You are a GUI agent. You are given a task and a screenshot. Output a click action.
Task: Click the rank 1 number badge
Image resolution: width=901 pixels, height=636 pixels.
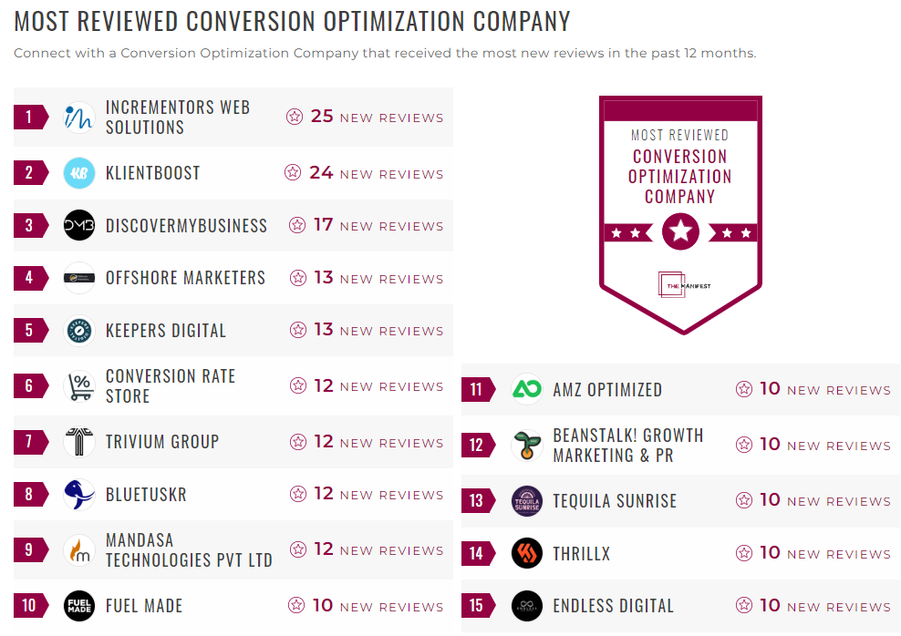pyautogui.click(x=29, y=117)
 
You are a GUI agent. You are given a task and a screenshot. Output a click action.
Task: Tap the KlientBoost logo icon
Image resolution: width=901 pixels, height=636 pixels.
pyautogui.click(x=79, y=173)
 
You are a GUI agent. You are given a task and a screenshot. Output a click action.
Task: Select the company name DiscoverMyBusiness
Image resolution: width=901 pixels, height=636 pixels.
pyautogui.click(x=186, y=226)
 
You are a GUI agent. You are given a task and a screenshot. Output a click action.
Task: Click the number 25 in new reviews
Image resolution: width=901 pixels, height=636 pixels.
pyautogui.click(x=322, y=117)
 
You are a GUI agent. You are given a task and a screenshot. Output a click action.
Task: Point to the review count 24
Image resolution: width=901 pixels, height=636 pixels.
pyautogui.click(x=321, y=173)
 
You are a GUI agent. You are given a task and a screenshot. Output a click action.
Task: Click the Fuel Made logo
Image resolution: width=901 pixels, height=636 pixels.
pyautogui.click(x=79, y=606)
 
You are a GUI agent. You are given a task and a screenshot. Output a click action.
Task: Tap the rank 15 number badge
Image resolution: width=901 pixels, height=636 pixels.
pyautogui.click(x=476, y=606)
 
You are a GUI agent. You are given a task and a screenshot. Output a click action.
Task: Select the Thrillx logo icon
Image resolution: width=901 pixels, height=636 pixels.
pyautogui.click(x=527, y=553)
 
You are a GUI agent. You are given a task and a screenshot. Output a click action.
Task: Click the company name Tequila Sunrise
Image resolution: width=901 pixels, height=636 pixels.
pyautogui.click(x=615, y=501)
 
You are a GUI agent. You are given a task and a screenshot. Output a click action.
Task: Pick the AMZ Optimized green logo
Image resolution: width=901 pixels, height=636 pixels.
pyautogui.click(x=527, y=390)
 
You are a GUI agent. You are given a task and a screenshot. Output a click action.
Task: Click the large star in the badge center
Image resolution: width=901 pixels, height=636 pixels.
pyautogui.click(x=680, y=231)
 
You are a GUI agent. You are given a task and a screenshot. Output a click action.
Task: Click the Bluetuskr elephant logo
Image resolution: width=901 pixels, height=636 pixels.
pyautogui.click(x=79, y=495)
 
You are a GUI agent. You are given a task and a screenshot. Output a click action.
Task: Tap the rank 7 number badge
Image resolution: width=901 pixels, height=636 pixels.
pyautogui.click(x=29, y=442)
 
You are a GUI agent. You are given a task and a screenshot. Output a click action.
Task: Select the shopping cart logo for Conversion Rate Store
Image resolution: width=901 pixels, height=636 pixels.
pyautogui.click(x=79, y=386)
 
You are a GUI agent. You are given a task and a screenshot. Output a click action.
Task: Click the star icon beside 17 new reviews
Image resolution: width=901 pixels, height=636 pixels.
pyautogui.click(x=297, y=225)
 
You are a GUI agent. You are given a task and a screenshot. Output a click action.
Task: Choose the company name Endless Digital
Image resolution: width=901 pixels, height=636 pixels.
pyautogui.click(x=613, y=606)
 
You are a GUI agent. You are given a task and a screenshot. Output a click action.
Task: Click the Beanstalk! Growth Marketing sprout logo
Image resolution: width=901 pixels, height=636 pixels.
pyautogui.click(x=527, y=446)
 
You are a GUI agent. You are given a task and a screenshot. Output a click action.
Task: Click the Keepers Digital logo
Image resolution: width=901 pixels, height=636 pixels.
pyautogui.click(x=79, y=330)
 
